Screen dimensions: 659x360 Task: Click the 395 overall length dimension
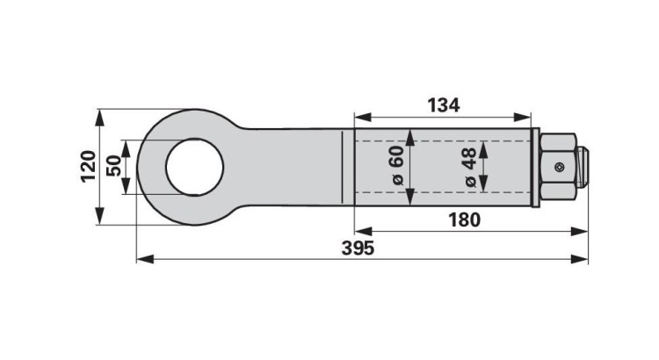tap(358, 248)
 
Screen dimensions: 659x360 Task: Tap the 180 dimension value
tap(464, 220)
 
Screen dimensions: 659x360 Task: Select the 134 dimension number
tap(444, 105)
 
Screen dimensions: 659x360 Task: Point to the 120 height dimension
tap(88, 166)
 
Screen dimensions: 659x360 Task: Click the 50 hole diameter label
tap(113, 165)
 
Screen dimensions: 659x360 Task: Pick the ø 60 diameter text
tap(397, 165)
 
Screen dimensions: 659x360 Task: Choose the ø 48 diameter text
tap(470, 167)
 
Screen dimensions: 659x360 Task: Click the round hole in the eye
tap(194, 167)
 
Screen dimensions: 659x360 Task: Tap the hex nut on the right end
tap(558, 167)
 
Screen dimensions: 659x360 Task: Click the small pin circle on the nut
tap(559, 168)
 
